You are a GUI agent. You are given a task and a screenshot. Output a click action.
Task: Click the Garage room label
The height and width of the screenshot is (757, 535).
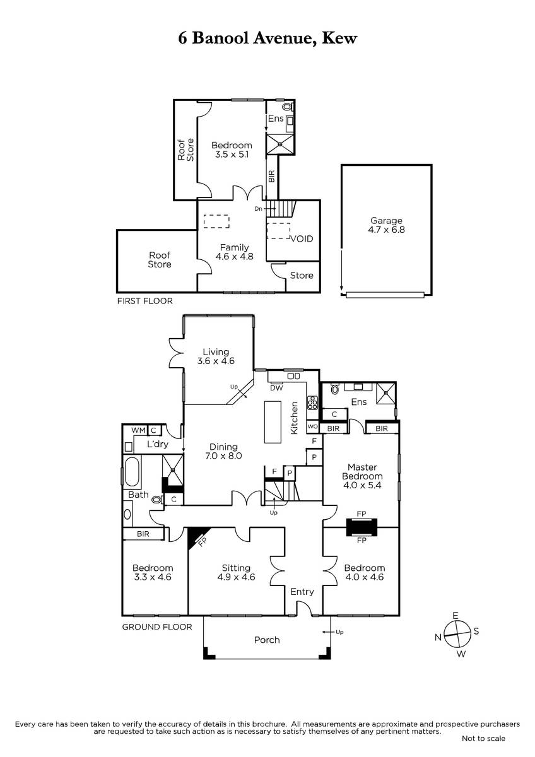[386, 221]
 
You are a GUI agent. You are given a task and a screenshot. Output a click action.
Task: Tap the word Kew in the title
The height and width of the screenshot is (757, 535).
[339, 38]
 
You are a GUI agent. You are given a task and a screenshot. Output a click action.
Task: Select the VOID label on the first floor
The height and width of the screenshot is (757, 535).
[302, 239]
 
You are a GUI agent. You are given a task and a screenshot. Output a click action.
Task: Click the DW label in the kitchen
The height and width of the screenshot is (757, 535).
[276, 388]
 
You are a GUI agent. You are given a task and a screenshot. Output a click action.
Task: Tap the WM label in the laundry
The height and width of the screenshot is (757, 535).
[138, 430]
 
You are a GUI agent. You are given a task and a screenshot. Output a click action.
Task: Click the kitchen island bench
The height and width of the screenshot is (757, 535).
[273, 422]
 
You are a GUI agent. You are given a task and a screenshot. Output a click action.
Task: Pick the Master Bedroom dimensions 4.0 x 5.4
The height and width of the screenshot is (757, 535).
[362, 486]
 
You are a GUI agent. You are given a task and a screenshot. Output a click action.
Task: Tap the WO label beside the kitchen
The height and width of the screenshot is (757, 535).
[312, 426]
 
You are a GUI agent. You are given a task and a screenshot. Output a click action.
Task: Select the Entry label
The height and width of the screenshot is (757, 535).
[302, 592]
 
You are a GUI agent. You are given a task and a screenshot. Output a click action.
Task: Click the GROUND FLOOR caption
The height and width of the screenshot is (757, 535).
[157, 627]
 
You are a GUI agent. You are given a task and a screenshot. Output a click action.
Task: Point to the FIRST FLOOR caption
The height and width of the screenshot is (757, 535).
[144, 301]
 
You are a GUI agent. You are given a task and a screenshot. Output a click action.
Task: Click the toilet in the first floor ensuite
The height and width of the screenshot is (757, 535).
[288, 107]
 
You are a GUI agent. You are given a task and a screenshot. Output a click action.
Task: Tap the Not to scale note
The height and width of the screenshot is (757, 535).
[483, 739]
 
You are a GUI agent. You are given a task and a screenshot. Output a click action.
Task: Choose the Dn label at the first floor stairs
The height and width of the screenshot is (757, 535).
[258, 209]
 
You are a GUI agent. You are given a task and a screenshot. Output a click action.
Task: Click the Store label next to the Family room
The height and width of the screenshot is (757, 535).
[302, 276]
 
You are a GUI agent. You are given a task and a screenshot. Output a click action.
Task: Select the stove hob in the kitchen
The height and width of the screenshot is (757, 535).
[312, 402]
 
